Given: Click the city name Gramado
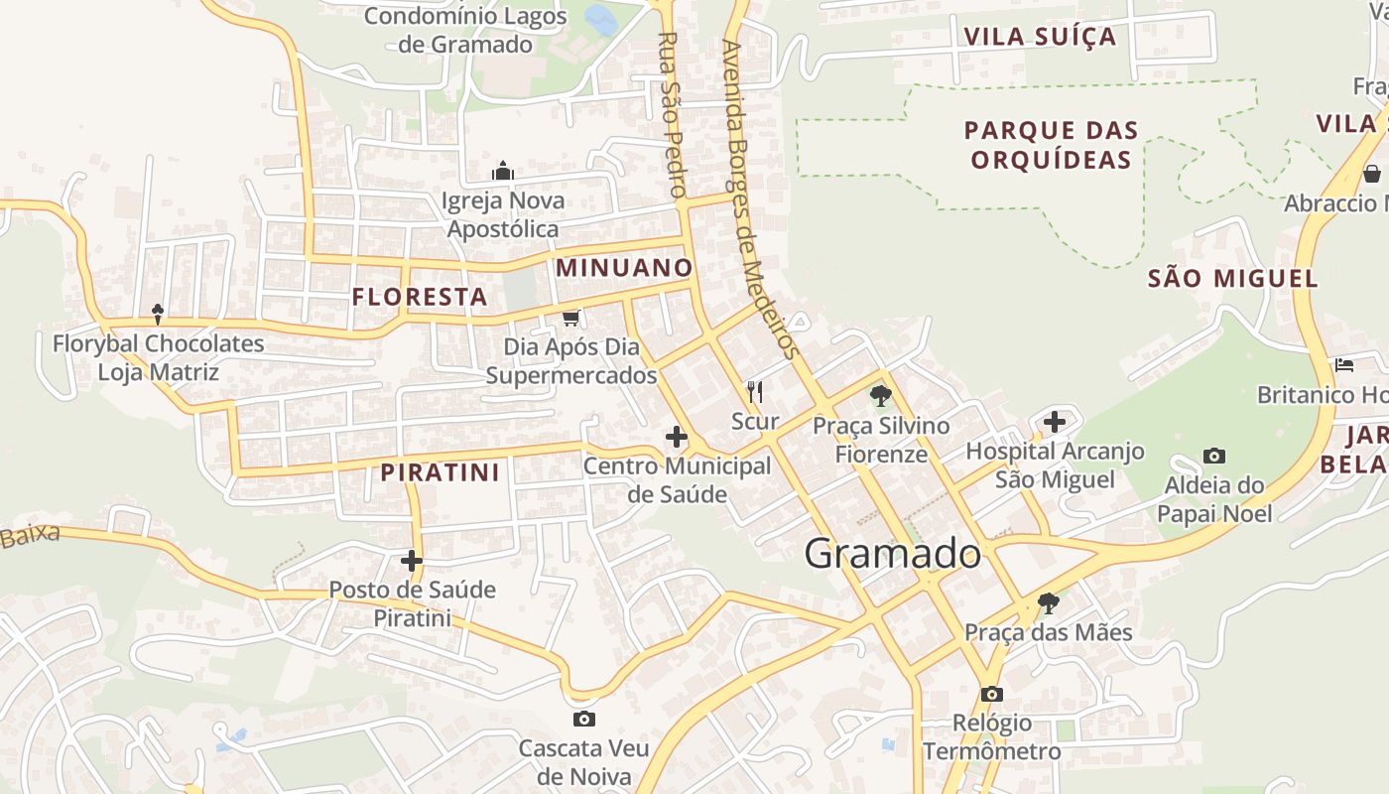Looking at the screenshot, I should [x=892, y=554].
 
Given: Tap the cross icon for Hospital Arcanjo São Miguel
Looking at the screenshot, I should [x=1054, y=422].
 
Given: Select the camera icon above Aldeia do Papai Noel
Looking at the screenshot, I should [x=1213, y=457].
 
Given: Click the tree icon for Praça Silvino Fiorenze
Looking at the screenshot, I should [x=879, y=396].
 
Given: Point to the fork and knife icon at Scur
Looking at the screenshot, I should [x=755, y=392].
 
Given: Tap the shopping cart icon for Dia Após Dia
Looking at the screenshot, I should [x=570, y=319].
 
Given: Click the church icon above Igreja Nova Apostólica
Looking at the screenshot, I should [x=503, y=172].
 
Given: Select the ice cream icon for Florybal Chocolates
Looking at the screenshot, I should [x=158, y=315].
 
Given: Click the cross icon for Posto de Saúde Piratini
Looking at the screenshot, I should [x=412, y=561].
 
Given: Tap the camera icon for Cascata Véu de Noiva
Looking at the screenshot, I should [x=584, y=719].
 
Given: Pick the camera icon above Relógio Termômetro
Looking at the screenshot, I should [x=991, y=694].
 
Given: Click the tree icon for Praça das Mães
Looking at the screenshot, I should [x=1048, y=602].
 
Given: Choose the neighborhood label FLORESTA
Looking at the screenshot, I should [x=420, y=297].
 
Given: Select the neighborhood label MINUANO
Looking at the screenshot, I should [x=624, y=268].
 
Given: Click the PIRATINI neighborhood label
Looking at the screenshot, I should [x=441, y=472].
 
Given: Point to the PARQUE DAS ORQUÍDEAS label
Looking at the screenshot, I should [x=1051, y=145].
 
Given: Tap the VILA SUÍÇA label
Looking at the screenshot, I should [x=1041, y=38].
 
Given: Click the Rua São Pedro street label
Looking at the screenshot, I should [x=672, y=114].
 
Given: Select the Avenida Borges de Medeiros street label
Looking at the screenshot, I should [x=760, y=198].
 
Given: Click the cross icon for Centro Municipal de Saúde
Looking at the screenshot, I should [x=677, y=436].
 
